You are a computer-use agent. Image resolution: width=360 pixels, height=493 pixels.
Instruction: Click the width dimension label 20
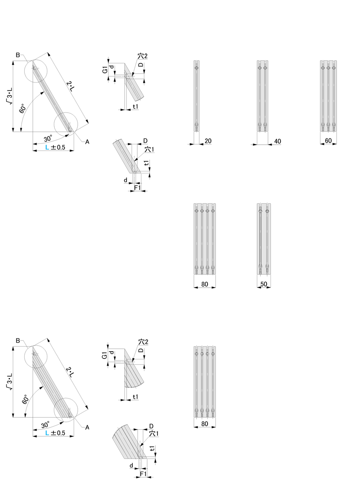tap(208, 141)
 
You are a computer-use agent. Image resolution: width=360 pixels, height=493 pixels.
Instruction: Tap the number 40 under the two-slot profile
tap(277, 141)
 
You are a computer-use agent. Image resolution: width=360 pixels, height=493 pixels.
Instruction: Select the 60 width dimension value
tap(328, 141)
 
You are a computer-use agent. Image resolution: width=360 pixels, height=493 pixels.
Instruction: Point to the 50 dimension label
tap(263, 284)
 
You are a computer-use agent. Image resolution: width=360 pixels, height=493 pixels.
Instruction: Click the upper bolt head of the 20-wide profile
tap(196, 68)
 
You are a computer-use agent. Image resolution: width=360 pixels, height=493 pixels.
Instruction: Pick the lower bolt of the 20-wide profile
tap(196, 126)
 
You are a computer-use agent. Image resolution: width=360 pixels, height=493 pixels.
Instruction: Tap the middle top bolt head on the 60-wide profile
tap(328, 68)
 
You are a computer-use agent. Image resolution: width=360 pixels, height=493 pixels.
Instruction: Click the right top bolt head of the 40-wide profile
tap(265, 68)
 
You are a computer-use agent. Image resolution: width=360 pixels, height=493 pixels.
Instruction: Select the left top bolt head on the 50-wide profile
tap(260, 211)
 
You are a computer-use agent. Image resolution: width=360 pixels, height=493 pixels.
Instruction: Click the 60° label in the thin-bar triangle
tap(23, 108)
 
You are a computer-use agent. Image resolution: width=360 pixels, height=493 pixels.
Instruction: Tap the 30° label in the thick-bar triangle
tap(45, 425)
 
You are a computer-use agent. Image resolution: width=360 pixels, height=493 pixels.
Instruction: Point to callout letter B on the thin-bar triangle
tap(18, 55)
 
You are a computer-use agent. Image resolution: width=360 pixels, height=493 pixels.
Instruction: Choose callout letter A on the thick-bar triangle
tap(87, 427)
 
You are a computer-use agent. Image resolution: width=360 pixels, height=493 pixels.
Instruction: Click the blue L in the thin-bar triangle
tap(47, 147)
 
